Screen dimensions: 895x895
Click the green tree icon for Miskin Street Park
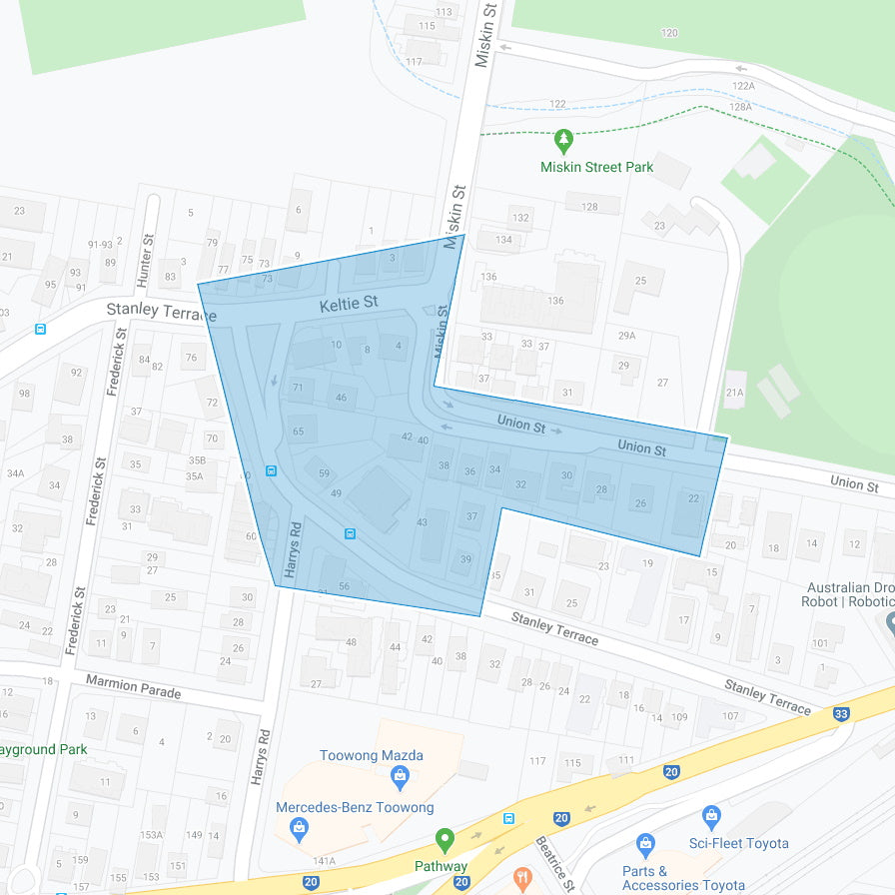[563, 140]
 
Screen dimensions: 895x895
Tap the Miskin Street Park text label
[596, 167]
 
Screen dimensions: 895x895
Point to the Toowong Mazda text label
[371, 755]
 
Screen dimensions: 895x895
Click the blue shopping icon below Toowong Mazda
[400, 775]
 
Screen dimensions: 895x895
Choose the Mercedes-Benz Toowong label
[355, 807]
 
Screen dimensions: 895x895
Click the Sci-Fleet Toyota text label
[738, 843]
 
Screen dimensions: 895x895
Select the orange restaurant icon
[521, 879]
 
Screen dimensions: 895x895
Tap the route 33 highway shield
[841, 713]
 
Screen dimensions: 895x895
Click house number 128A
[740, 107]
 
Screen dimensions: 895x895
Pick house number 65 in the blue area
[298, 432]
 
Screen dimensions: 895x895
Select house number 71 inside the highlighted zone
[297, 388]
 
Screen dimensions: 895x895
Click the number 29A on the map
[626, 336]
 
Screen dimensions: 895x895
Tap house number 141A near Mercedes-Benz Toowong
[324, 860]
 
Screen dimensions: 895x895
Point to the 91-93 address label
[100, 244]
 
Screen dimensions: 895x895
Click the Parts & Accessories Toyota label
[683, 878]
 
